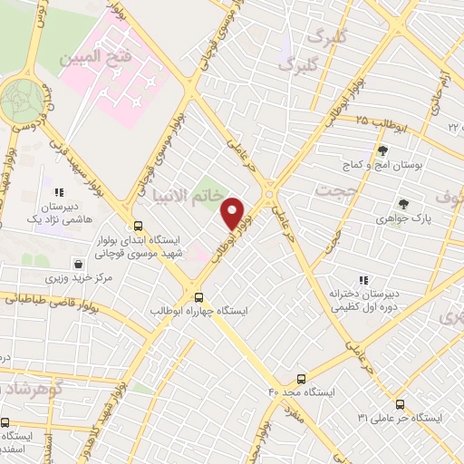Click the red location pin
[x=234, y=214]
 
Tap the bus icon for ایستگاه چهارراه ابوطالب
[x=198, y=295]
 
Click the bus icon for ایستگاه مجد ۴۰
[x=302, y=379]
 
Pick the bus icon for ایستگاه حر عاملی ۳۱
[x=400, y=404]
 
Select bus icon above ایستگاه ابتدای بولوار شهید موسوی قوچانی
[x=138, y=226]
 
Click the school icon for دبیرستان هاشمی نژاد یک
[x=59, y=192]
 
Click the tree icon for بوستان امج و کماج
[x=382, y=152]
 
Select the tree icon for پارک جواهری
[x=403, y=204]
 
